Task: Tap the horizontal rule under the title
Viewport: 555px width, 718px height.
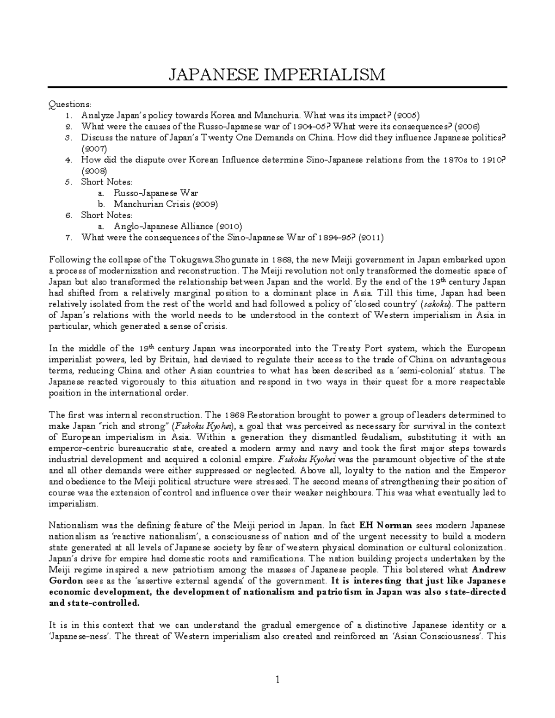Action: [278, 87]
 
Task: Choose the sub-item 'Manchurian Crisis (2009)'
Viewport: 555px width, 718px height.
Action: [166, 204]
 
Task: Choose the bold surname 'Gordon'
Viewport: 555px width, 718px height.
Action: [66, 581]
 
